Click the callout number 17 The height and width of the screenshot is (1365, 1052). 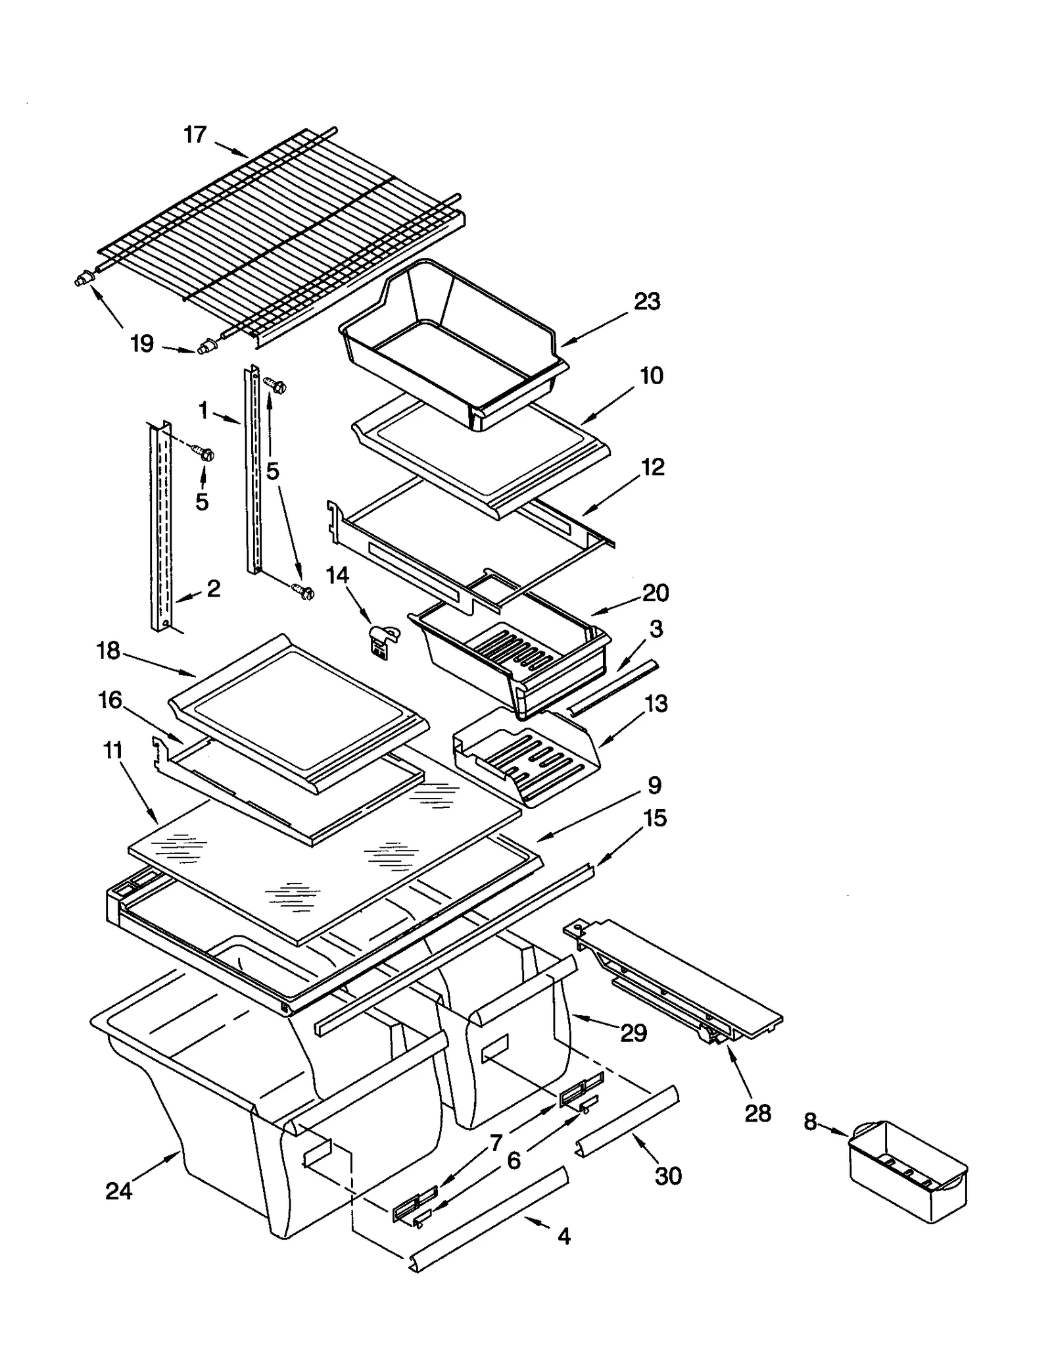point(195,135)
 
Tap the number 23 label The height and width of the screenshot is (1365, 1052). point(647,301)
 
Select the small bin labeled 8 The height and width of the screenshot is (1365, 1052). point(908,1174)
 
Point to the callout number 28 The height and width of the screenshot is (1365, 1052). point(757,1113)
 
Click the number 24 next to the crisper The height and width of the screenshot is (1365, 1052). point(119,1191)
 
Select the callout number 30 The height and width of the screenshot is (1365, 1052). point(668,1176)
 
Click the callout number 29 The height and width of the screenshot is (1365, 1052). point(634,1032)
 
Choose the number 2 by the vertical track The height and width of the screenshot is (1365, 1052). point(213,588)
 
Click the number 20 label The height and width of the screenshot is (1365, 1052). point(656,593)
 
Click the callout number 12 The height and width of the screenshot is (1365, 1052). point(653,467)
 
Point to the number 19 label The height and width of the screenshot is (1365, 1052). point(142,343)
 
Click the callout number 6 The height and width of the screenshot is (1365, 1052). point(514,1160)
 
